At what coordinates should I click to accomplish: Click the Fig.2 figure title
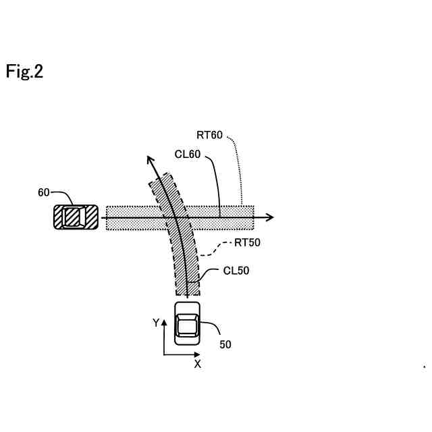[x=25, y=72]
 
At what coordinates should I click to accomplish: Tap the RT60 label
[x=209, y=135]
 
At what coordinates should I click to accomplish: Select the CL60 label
[x=187, y=154]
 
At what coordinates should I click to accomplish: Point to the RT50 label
[x=246, y=243]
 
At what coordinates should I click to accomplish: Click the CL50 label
[x=236, y=271]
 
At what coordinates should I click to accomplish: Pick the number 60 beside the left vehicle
[x=44, y=192]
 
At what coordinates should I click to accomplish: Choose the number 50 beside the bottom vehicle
[x=225, y=344]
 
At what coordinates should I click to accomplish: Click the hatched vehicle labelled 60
[x=76, y=217]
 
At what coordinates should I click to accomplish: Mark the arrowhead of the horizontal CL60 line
[x=271, y=217]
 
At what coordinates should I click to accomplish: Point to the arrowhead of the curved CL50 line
[x=151, y=159]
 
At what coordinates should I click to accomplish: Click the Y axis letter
[x=156, y=323]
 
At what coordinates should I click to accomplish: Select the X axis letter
[x=198, y=364]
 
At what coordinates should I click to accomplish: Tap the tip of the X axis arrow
[x=200, y=354]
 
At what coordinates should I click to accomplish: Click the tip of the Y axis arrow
[x=164, y=319]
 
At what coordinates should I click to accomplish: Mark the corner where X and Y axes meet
[x=164, y=354]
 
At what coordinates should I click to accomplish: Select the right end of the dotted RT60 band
[x=252, y=217]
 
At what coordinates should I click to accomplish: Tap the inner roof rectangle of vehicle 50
[x=188, y=326]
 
